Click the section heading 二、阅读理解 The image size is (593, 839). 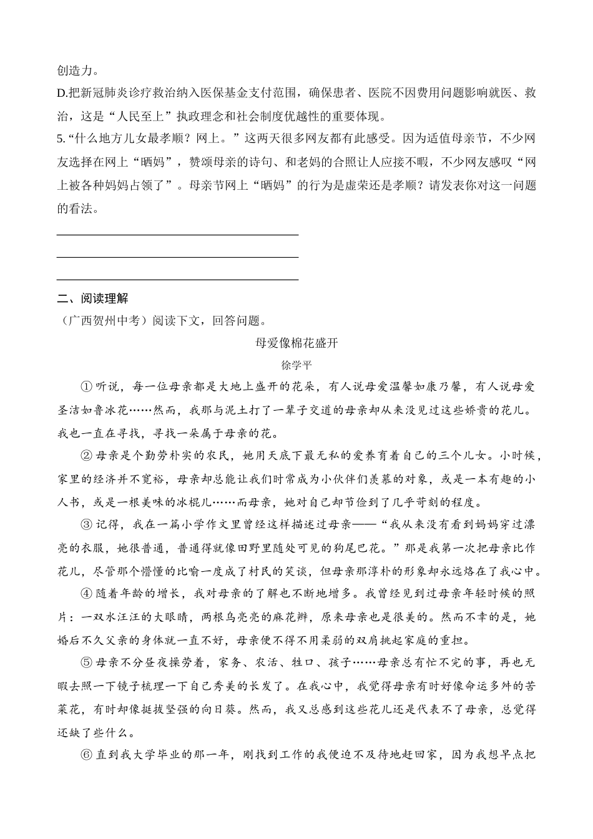tap(92, 298)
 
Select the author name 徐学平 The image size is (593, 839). tap(296, 365)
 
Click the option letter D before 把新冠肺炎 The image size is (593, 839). tap(61, 94)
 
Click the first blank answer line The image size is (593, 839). tap(177, 235)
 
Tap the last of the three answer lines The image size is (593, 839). tap(177, 280)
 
